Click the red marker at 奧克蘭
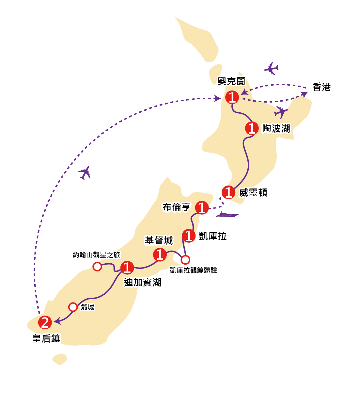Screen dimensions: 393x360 tap(232, 97)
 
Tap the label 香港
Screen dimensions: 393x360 tap(321, 87)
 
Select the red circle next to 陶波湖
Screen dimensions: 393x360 tap(252, 128)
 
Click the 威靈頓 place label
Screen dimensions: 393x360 tap(253, 193)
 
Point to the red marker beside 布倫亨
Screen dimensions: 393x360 tap(202, 208)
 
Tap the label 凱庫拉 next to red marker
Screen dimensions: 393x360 tap(212, 236)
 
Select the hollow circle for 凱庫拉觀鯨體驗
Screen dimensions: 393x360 tap(185, 260)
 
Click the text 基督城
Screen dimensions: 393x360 tap(159, 241)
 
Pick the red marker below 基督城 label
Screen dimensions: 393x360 tap(160, 254)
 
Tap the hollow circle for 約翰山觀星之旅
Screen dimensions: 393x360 tap(97, 267)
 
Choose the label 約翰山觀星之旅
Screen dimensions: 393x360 tap(96, 255)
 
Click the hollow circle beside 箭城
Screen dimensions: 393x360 tap(73, 307)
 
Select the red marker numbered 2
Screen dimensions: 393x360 tap(45, 323)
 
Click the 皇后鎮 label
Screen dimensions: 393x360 tap(46, 338)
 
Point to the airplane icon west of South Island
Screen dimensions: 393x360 tap(85, 172)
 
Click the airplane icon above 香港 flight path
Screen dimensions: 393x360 tap(271, 68)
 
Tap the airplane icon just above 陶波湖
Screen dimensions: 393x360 tap(281, 112)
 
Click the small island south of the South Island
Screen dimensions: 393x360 tap(60, 359)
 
